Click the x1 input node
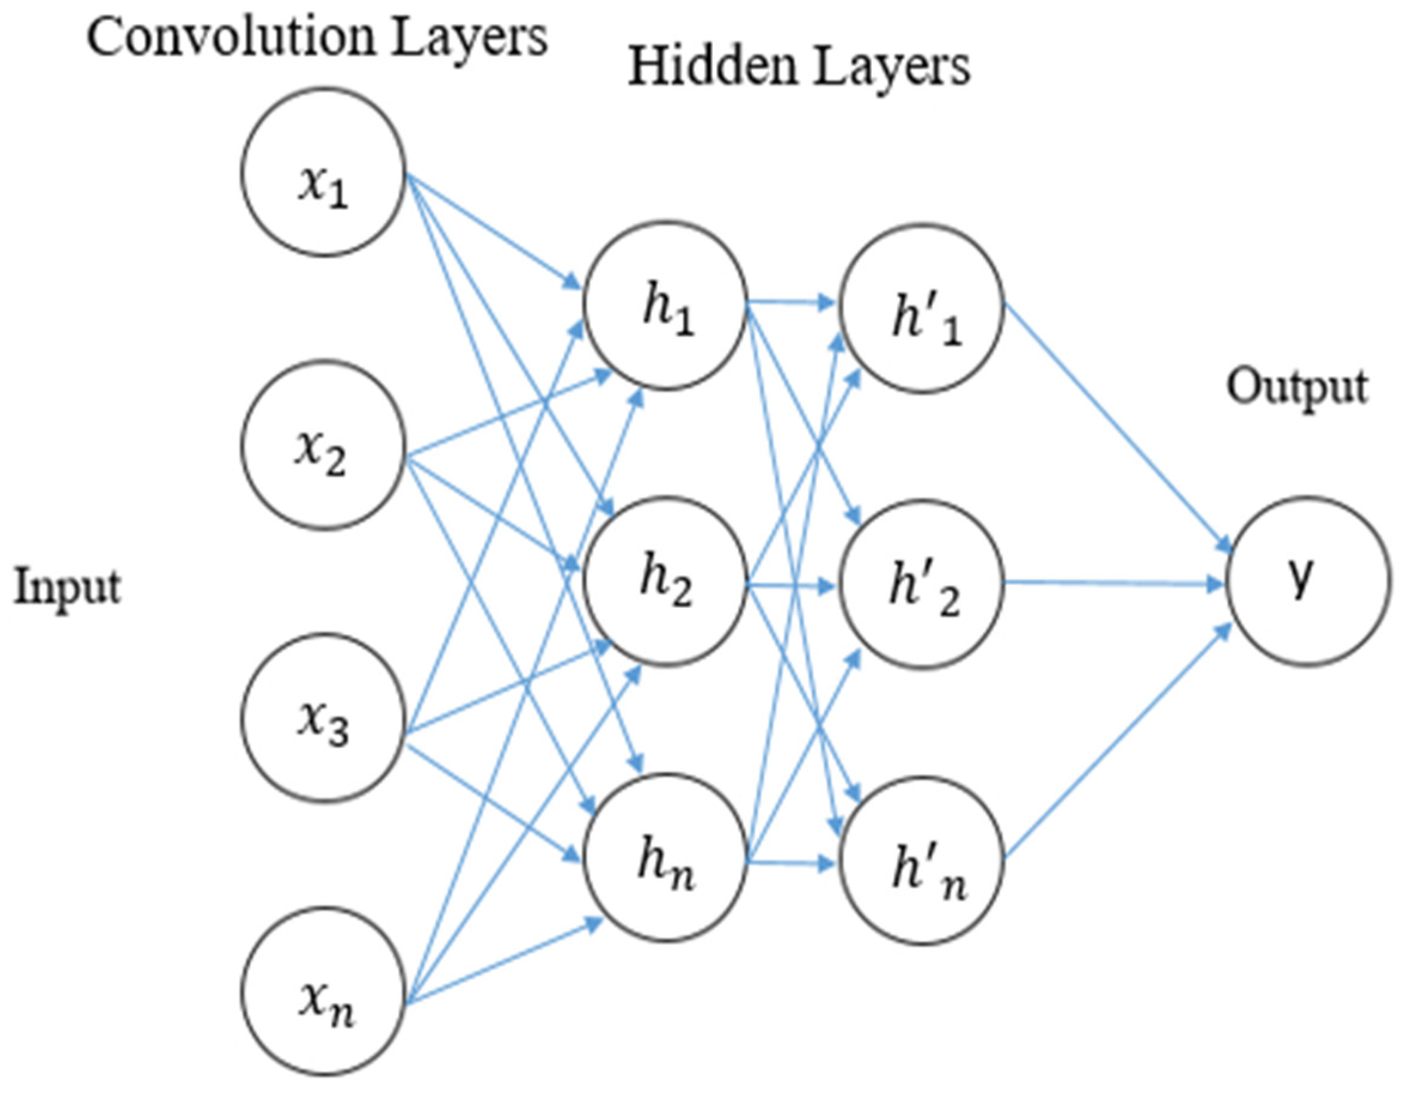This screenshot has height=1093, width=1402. [323, 172]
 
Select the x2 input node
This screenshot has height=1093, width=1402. [323, 445]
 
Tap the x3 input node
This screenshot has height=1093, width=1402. [323, 717]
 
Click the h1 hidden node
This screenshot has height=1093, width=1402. [665, 305]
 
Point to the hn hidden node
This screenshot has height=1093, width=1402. [665, 857]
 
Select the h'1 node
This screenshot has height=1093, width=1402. [923, 308]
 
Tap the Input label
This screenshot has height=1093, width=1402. [68, 587]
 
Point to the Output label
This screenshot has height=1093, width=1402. [1297, 387]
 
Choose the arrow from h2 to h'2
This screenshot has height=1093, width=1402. [793, 586]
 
